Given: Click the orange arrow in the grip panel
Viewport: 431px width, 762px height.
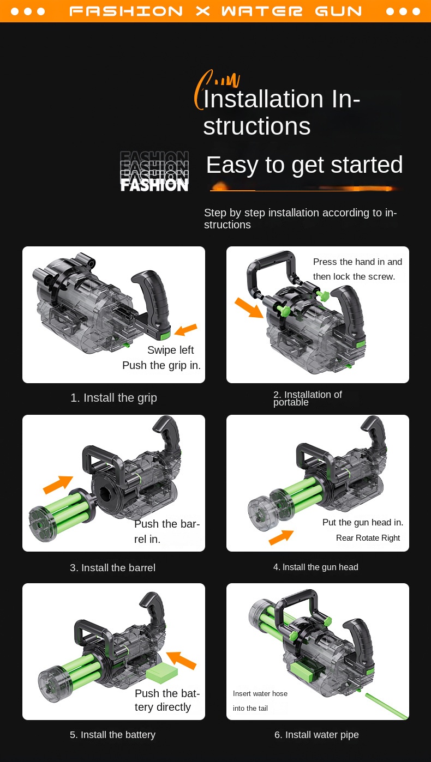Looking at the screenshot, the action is tap(186, 329).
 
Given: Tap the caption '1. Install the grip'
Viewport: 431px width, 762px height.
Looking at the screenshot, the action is tap(113, 398).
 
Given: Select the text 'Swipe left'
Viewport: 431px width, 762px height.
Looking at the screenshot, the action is tap(171, 350).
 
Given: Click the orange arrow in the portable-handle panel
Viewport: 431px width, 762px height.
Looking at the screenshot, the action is tap(249, 308).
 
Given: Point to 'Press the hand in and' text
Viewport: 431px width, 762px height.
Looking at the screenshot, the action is tap(357, 262).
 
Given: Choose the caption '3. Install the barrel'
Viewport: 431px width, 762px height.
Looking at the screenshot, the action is tap(113, 567).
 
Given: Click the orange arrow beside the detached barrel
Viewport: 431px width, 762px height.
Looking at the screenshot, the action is tap(58, 485).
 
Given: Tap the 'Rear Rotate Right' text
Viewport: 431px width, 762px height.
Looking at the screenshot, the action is tap(368, 537).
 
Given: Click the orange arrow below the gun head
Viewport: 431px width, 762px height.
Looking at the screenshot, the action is tap(281, 537).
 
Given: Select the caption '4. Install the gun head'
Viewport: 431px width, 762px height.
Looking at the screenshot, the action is tap(315, 567).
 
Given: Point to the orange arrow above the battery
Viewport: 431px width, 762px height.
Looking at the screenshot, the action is tap(182, 660).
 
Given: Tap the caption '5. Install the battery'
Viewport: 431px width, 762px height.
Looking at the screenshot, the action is tap(113, 734).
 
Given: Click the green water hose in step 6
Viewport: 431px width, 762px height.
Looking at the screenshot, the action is tap(387, 706).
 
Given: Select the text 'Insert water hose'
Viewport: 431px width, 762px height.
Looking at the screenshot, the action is tap(260, 693).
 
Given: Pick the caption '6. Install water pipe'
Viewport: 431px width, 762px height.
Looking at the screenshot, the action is tap(316, 734).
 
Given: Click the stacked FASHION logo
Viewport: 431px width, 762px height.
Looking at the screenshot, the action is tap(154, 171).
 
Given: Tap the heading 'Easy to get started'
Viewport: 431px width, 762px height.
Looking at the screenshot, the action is tap(304, 165).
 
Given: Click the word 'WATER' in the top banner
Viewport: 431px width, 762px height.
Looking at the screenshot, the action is tap(262, 11).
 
